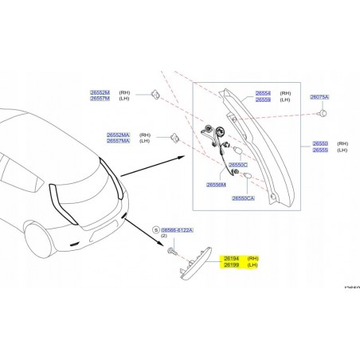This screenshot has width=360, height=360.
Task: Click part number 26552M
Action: pyautogui.click(x=100, y=92)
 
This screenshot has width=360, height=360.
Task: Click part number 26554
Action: pyautogui.click(x=263, y=92)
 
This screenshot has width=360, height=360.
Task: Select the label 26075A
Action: pyautogui.click(x=319, y=96)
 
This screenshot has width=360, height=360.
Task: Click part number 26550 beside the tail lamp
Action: pyautogui.click(x=319, y=143)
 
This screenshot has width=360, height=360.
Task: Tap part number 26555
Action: pyautogui.click(x=319, y=150)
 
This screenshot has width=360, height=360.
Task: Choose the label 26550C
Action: pyautogui.click(x=238, y=164)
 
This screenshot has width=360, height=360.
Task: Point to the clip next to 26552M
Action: pyautogui.click(x=153, y=96)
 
